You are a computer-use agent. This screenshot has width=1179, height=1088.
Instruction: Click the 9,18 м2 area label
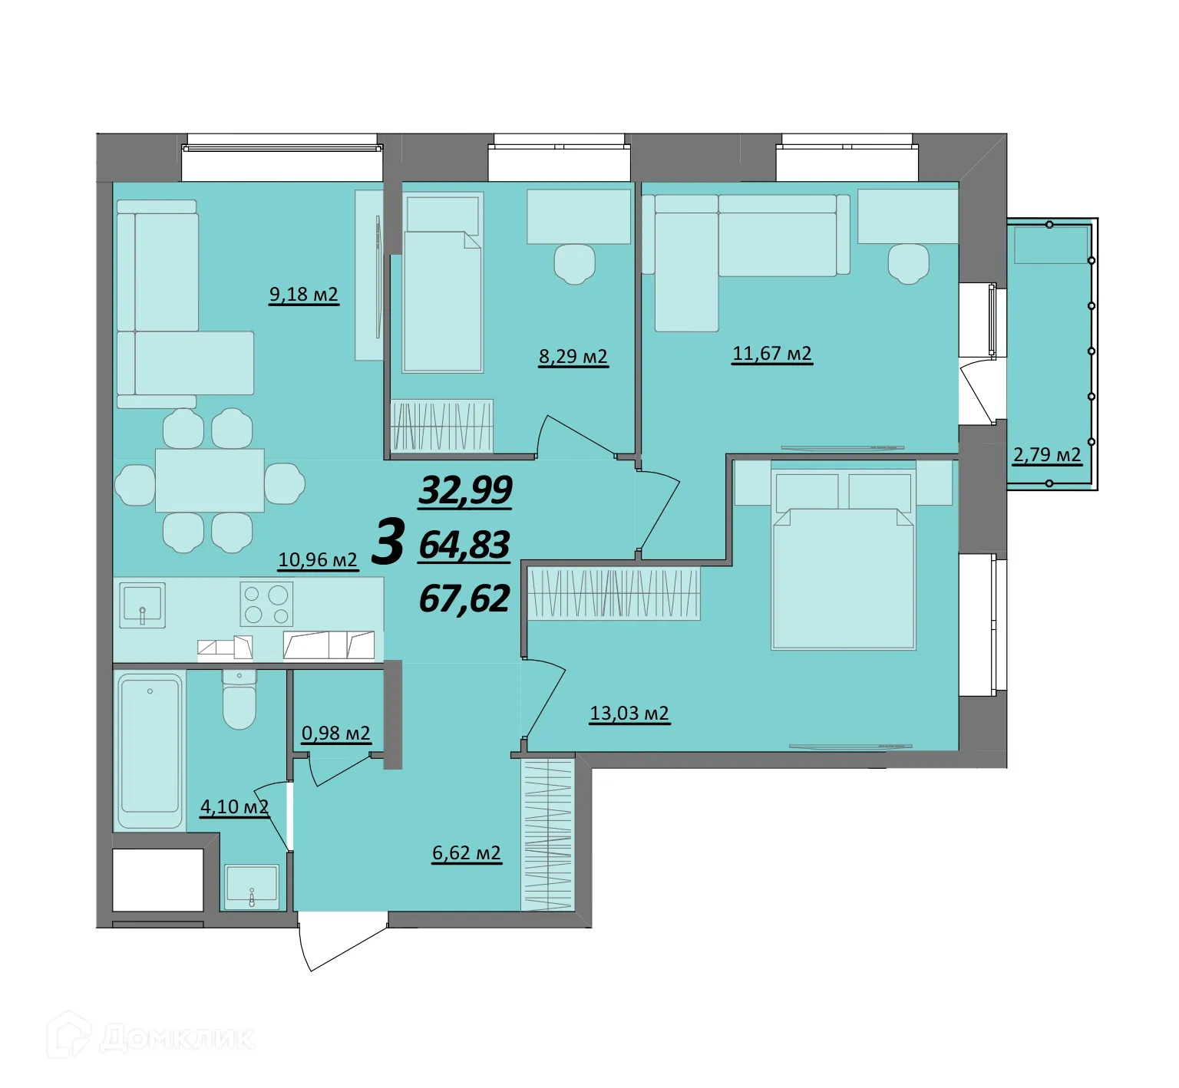[303, 295]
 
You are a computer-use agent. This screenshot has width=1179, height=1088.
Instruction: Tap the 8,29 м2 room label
[573, 357]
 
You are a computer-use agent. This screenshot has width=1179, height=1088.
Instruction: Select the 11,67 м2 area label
[772, 354]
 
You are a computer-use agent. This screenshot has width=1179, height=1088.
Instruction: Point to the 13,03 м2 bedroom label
[629, 714]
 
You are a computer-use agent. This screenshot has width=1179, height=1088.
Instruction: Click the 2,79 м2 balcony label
[1047, 455]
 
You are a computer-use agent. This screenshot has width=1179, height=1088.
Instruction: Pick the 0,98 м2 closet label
[336, 734]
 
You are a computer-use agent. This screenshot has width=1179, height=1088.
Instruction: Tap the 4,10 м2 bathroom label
[234, 807]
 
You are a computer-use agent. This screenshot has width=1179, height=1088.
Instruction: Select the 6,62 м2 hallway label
[467, 853]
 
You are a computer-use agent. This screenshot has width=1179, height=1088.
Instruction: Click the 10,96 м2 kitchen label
[318, 560]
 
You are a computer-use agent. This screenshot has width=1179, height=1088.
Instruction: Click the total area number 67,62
[464, 598]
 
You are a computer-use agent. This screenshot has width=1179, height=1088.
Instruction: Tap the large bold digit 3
[388, 542]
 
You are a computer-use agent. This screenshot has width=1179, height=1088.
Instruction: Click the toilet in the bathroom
[239, 700]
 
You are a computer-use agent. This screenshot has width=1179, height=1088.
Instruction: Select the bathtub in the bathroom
[150, 750]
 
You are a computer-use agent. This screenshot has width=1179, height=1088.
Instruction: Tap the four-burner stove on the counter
[266, 604]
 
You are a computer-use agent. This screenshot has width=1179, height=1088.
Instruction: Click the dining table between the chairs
[210, 481]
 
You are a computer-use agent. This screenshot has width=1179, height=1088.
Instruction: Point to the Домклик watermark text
[177, 1039]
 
